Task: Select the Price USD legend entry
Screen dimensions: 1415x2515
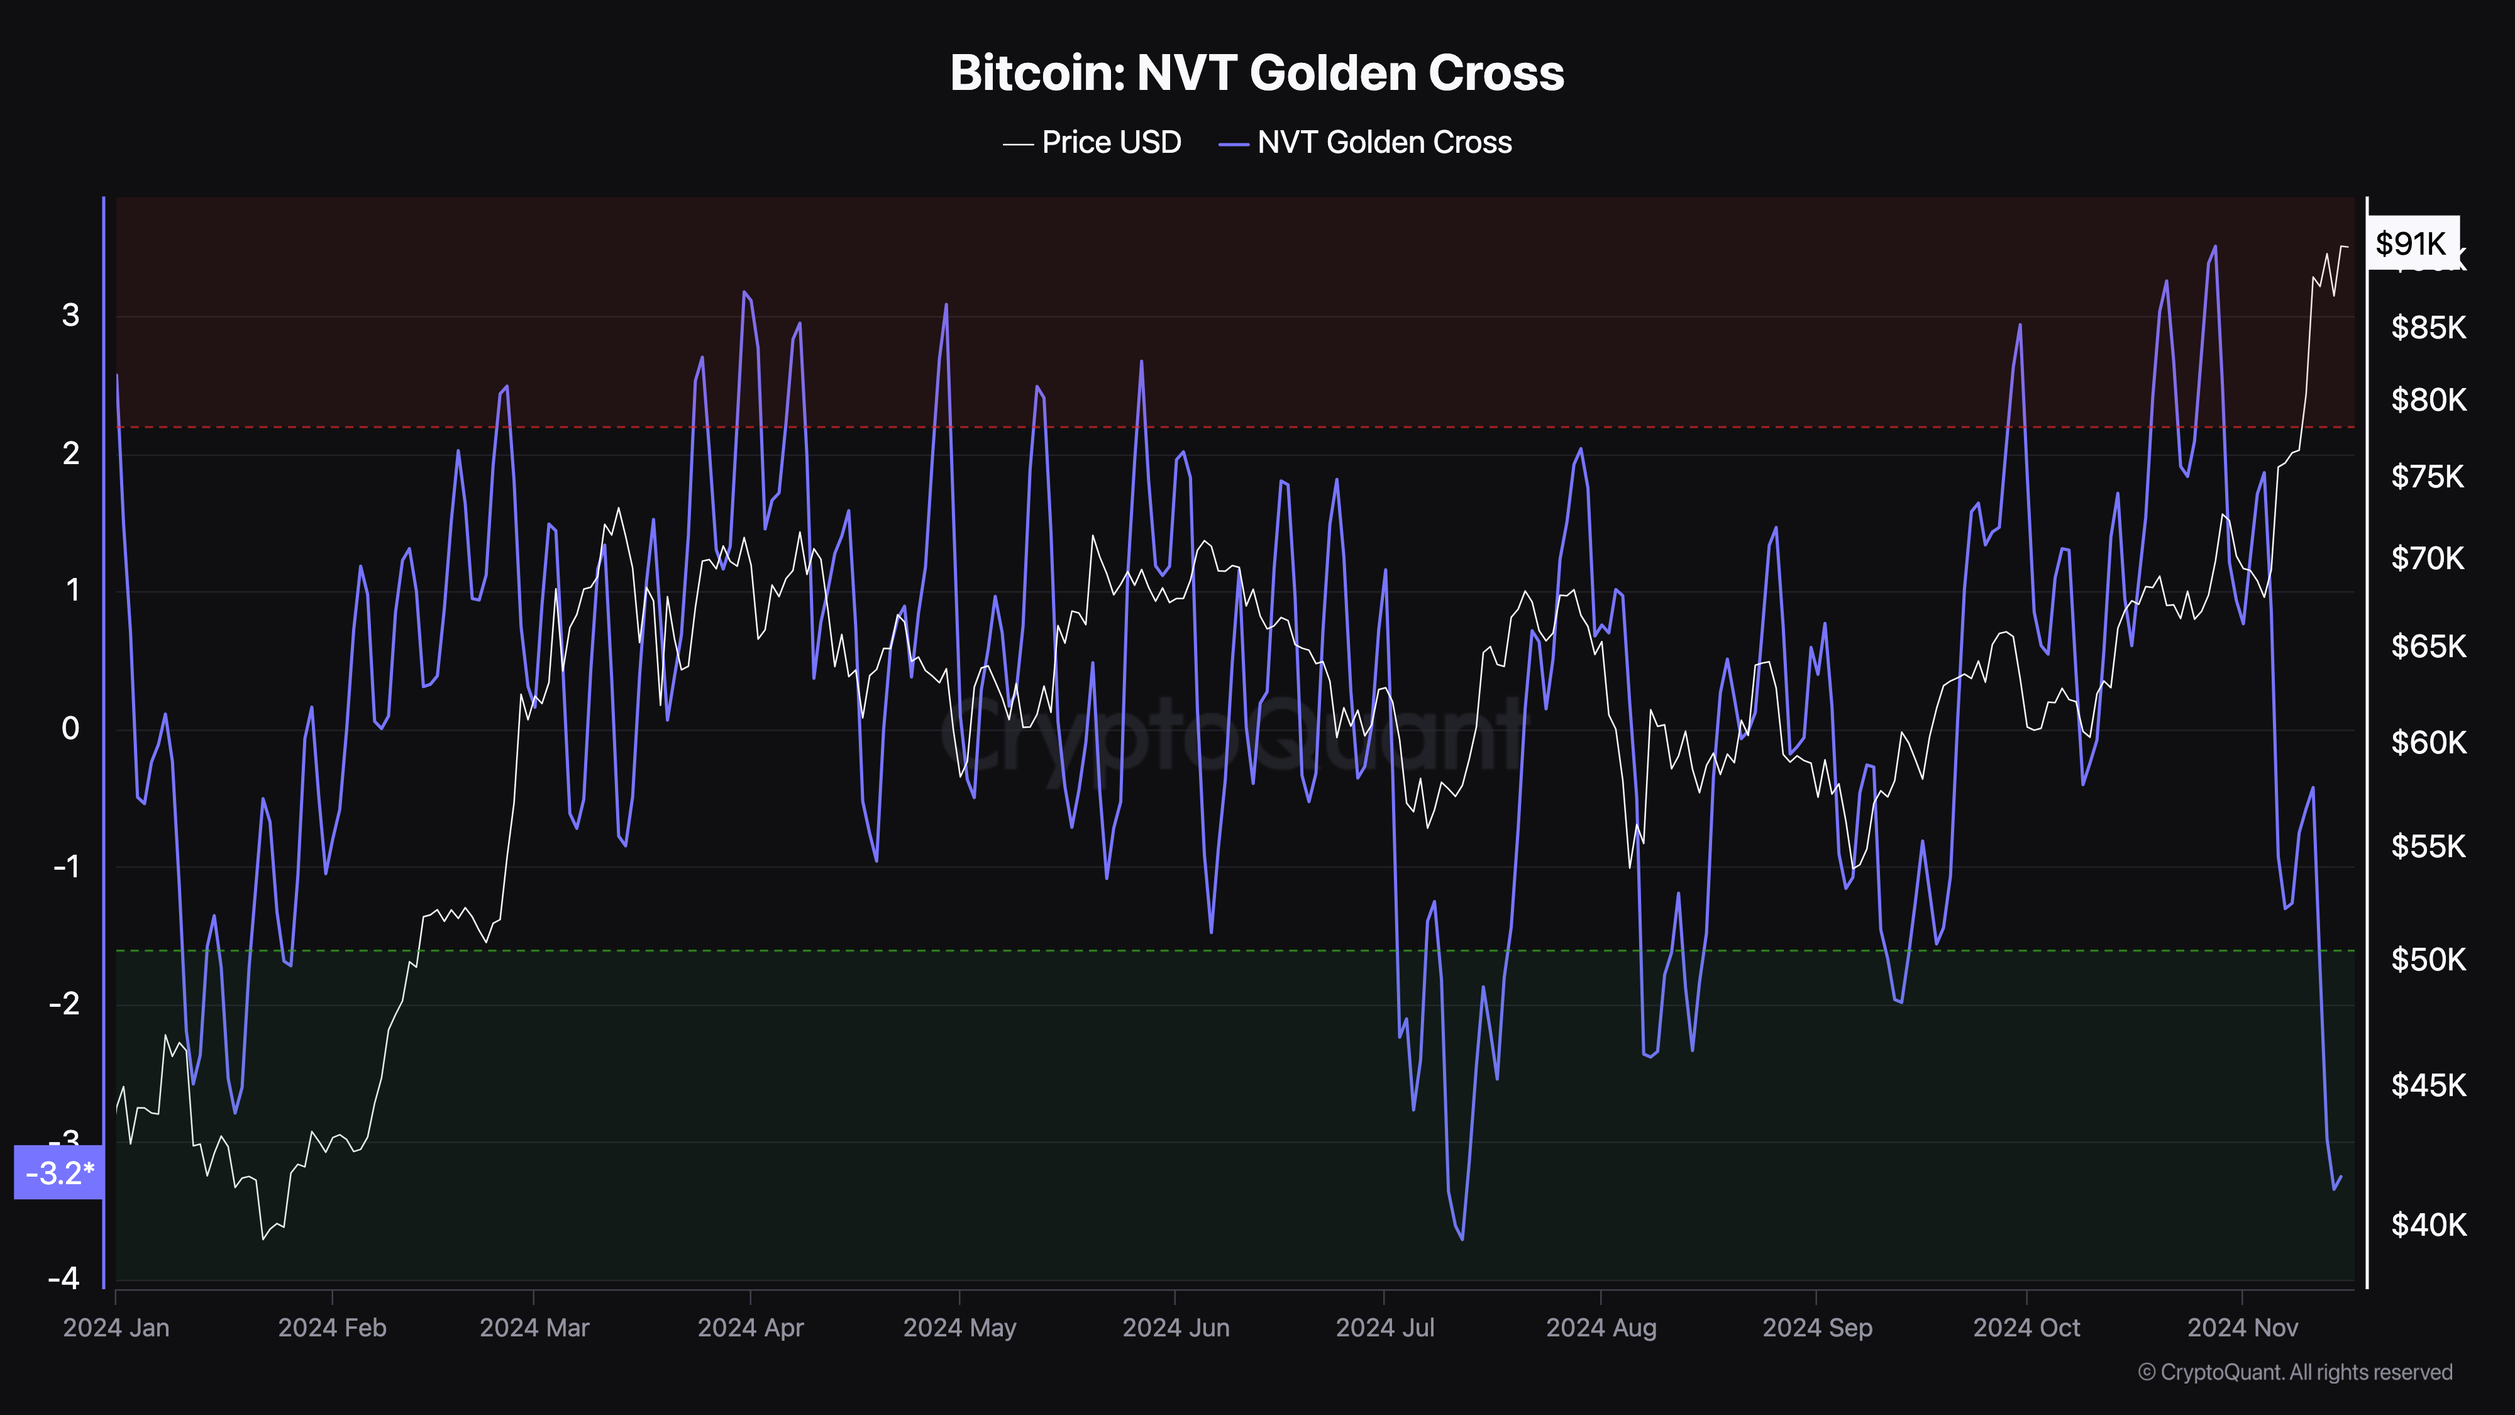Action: (x=1093, y=143)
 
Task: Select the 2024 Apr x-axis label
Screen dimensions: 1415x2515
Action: (x=750, y=1328)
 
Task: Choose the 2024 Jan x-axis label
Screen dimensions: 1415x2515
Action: (x=116, y=1328)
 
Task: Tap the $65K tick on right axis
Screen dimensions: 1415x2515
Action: (x=2427, y=646)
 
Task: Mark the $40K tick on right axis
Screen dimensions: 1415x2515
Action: (x=2427, y=1224)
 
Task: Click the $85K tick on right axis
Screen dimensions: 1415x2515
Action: (x=2427, y=327)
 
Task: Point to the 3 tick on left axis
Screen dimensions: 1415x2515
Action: (x=70, y=316)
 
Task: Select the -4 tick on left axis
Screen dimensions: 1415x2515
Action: (x=64, y=1279)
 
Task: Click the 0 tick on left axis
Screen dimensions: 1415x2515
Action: (x=70, y=728)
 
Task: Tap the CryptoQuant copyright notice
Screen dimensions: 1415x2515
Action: (x=2294, y=1372)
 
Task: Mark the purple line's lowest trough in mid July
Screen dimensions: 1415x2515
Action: (x=1462, y=1239)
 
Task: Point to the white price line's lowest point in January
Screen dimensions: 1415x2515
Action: (x=263, y=1238)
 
